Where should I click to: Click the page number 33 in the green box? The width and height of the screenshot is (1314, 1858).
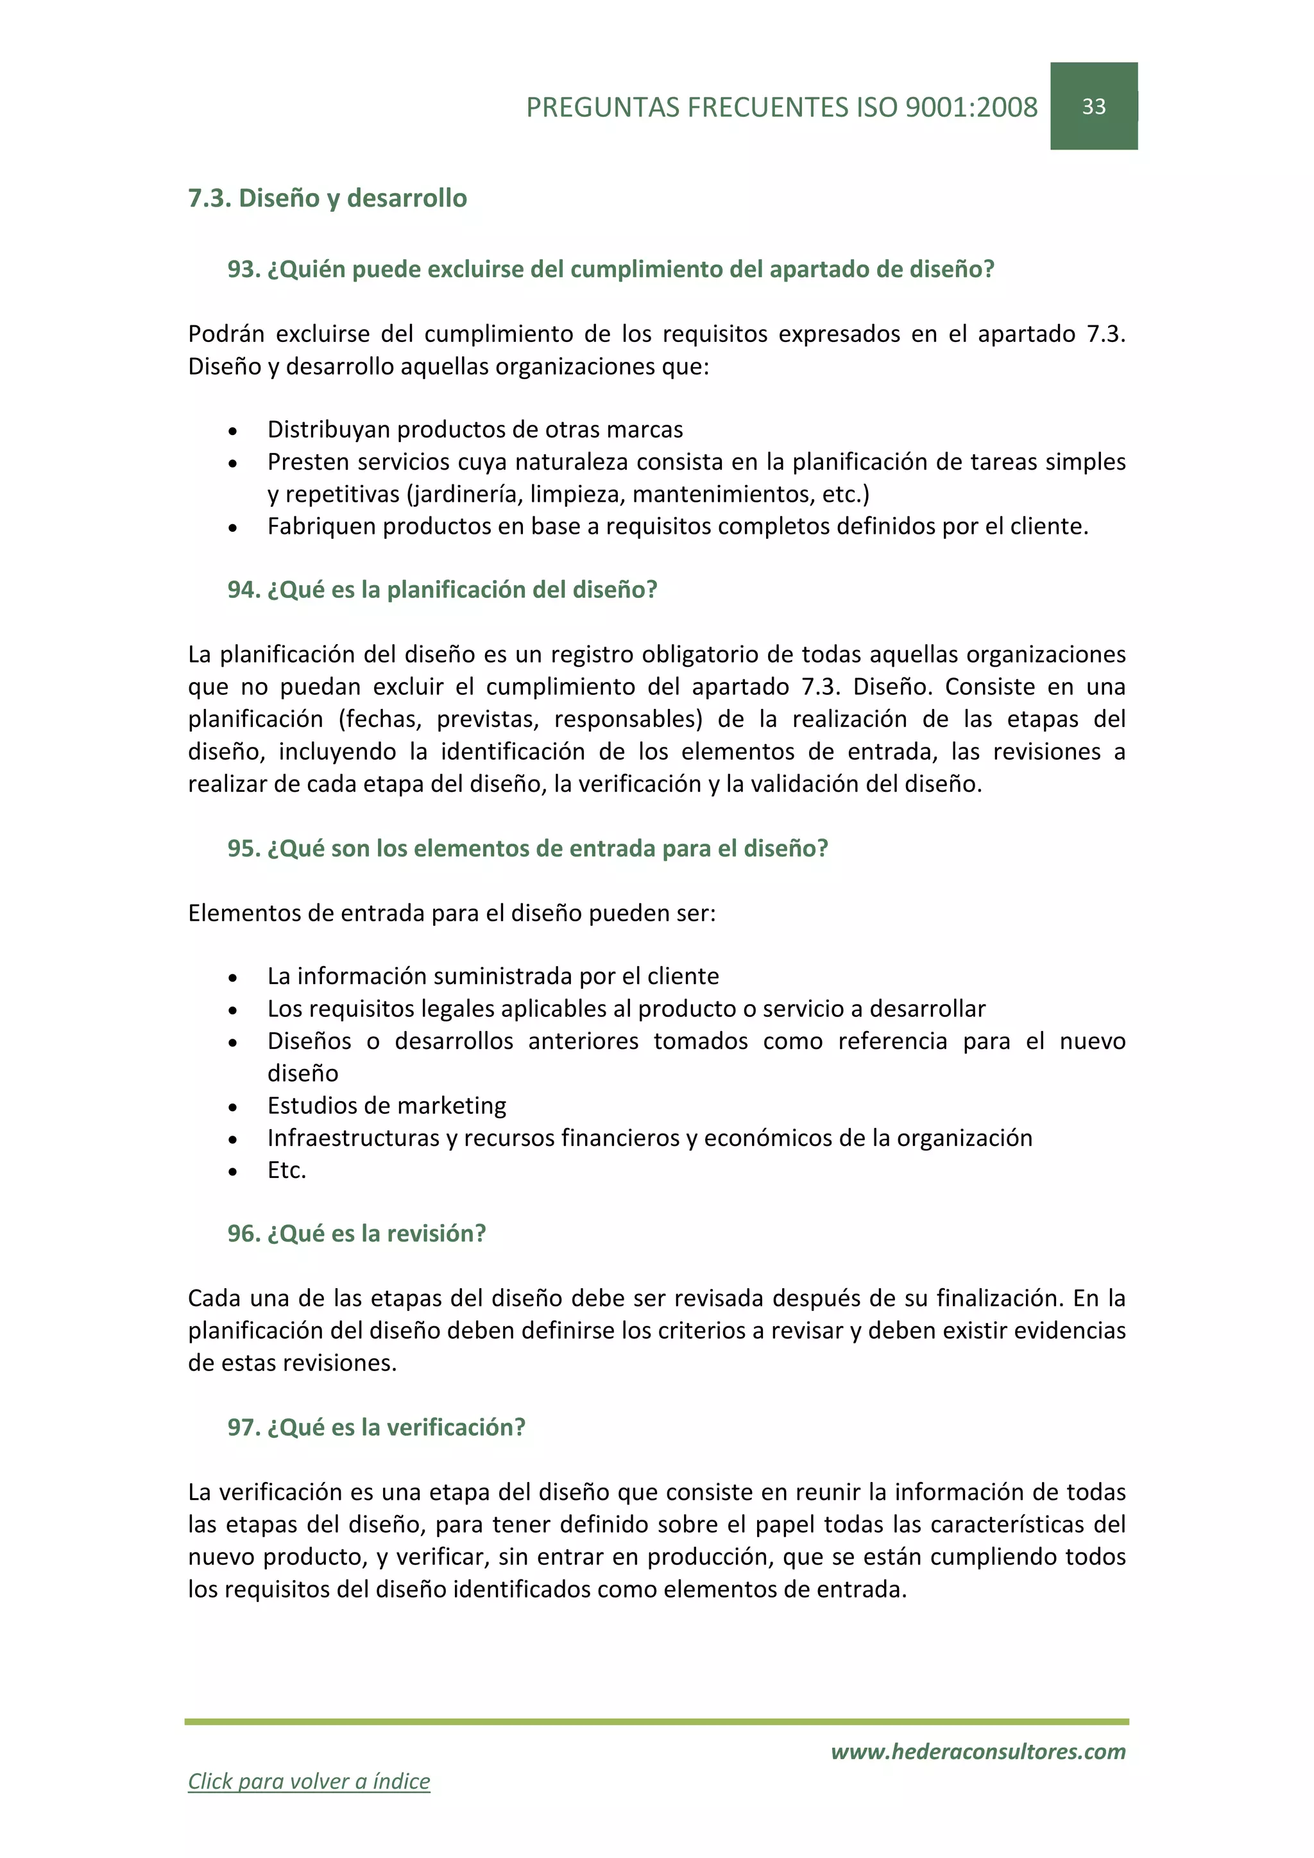click(1093, 107)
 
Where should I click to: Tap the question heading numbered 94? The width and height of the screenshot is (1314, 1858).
click(442, 590)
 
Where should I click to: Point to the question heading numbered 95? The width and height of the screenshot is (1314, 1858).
click(527, 849)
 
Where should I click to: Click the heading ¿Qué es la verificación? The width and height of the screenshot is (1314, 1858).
click(396, 1428)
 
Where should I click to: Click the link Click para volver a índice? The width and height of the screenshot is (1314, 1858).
click(309, 1780)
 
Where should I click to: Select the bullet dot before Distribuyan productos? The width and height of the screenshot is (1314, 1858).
click(233, 431)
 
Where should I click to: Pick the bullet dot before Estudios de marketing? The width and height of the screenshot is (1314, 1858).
click(233, 1107)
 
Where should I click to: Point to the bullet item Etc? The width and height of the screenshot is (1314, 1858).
click(286, 1171)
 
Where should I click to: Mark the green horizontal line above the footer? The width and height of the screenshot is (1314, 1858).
click(656, 1722)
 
